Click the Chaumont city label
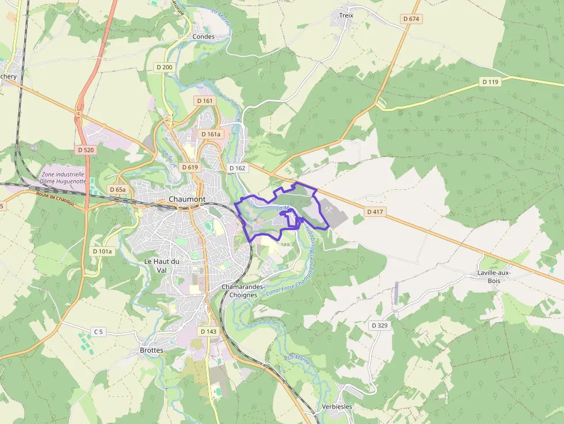187,199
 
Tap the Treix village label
346,16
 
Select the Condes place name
203,37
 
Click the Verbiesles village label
337,407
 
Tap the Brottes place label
151,350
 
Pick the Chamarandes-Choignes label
243,291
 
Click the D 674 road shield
411,19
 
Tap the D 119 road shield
490,82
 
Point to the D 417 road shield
375,212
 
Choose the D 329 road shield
380,326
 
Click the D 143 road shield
209,331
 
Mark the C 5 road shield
99,331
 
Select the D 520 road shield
85,150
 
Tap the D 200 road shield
164,67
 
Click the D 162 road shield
237,168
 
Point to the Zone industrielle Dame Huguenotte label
62,177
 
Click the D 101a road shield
103,251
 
